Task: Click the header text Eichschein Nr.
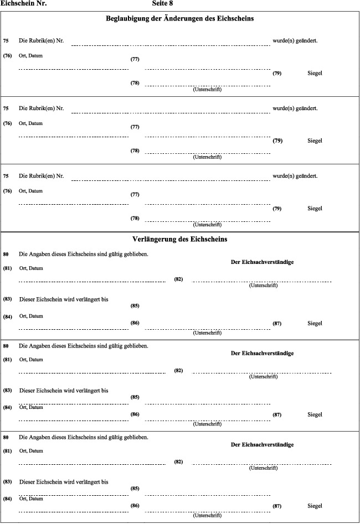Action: pyautogui.click(x=23, y=3)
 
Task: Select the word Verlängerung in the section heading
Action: pyautogui.click(x=156, y=240)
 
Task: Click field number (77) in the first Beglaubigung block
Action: pyautogui.click(x=135, y=59)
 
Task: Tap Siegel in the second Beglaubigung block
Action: pyautogui.click(x=315, y=141)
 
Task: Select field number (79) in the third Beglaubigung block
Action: pyautogui.click(x=277, y=209)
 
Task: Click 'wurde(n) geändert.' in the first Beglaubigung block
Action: pyautogui.click(x=295, y=41)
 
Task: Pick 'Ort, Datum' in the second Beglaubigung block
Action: pyautogui.click(x=30, y=123)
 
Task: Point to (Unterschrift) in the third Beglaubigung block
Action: pyautogui.click(x=207, y=225)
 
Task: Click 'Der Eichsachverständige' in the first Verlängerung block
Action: pyautogui.click(x=262, y=262)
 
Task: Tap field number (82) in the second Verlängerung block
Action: pyautogui.click(x=178, y=370)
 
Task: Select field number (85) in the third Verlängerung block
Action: pyautogui.click(x=135, y=488)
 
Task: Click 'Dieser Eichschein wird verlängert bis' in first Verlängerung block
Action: pyautogui.click(x=64, y=299)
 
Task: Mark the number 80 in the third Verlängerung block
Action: pyautogui.click(x=6, y=437)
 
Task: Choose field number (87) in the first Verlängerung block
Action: pyautogui.click(x=277, y=323)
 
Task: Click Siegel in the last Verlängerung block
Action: pyautogui.click(x=315, y=506)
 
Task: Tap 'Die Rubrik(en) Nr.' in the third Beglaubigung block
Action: pyautogui.click(x=42, y=177)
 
